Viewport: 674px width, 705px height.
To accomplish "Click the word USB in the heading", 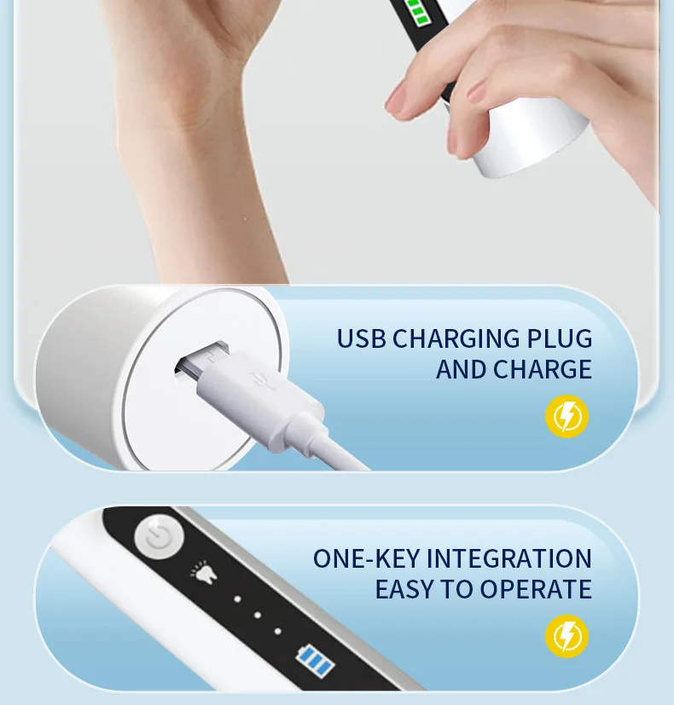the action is click(x=361, y=338).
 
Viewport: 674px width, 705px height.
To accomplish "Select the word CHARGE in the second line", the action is click(x=542, y=369).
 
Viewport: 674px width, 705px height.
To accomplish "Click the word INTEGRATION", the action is click(x=508, y=558).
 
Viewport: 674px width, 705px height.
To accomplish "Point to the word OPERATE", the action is click(x=536, y=589).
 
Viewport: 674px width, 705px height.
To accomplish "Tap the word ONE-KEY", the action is click(x=366, y=558).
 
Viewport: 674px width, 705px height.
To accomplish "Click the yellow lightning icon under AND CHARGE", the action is click(x=567, y=416).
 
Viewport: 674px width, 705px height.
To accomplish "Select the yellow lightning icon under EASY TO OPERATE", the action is click(x=567, y=636).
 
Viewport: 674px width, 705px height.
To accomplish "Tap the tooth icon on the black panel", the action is click(x=205, y=571).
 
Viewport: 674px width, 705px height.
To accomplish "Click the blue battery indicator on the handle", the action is click(x=315, y=661).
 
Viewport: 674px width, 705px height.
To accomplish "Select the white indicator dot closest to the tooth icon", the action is click(x=237, y=599).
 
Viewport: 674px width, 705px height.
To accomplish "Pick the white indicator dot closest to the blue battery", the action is click(x=277, y=632).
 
